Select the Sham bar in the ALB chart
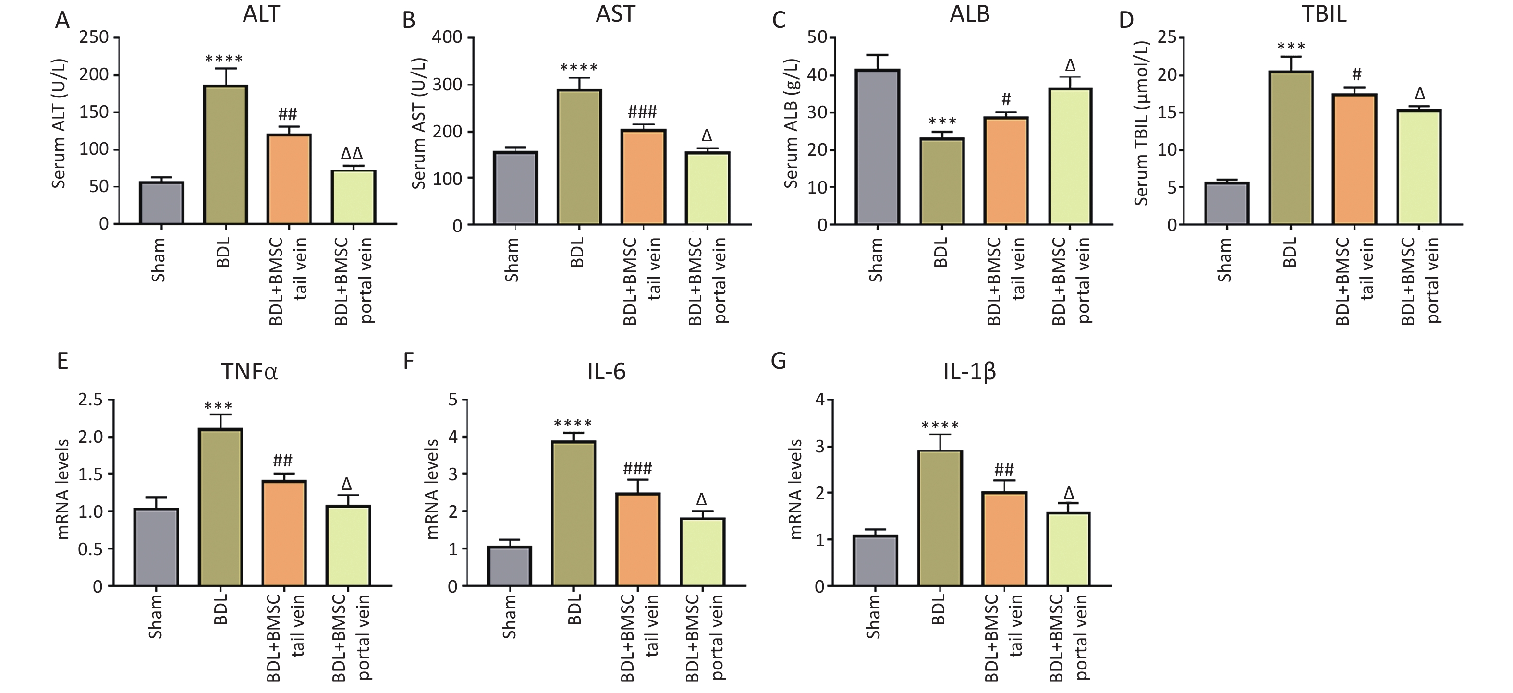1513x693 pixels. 878,147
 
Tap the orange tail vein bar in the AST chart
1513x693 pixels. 643,177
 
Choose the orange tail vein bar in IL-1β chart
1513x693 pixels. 1004,539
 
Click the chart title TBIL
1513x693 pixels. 1324,14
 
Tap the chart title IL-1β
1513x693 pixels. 970,372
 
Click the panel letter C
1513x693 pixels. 779,21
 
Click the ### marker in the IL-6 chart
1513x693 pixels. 638,468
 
